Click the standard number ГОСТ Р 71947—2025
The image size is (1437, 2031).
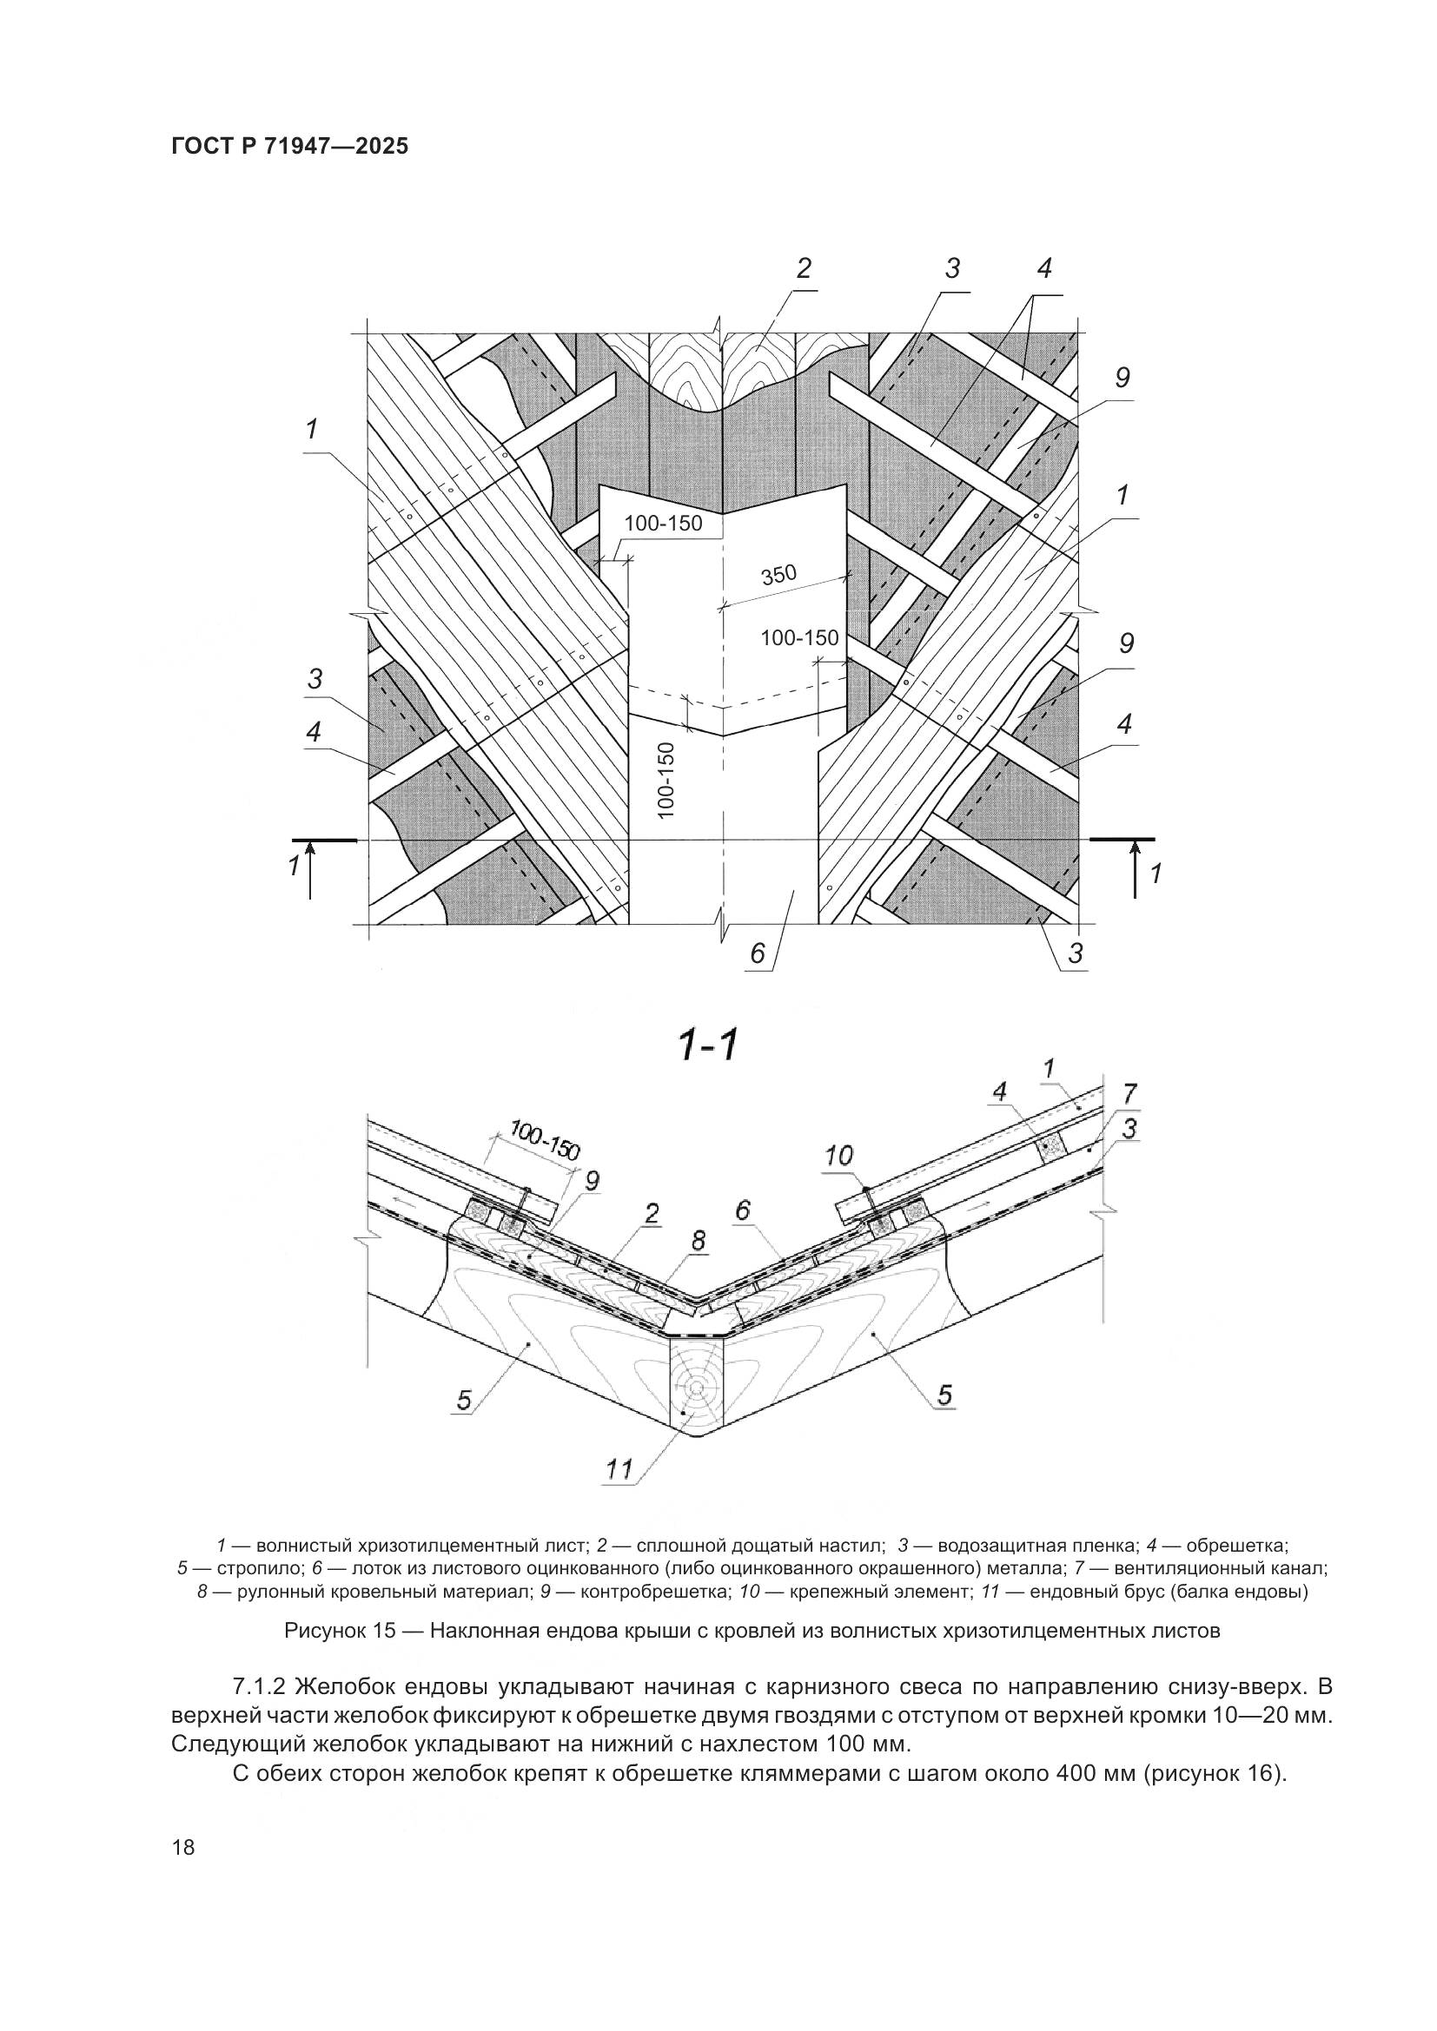click(290, 147)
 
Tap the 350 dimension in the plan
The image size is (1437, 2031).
click(778, 576)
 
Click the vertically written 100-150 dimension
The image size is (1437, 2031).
click(667, 779)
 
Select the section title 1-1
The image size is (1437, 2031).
click(707, 1046)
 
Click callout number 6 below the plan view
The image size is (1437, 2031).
click(758, 953)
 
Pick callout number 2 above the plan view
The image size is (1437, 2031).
click(804, 269)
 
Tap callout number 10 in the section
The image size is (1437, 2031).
click(839, 1155)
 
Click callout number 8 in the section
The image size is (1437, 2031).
click(699, 1241)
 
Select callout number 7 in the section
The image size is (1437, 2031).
click(1130, 1092)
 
